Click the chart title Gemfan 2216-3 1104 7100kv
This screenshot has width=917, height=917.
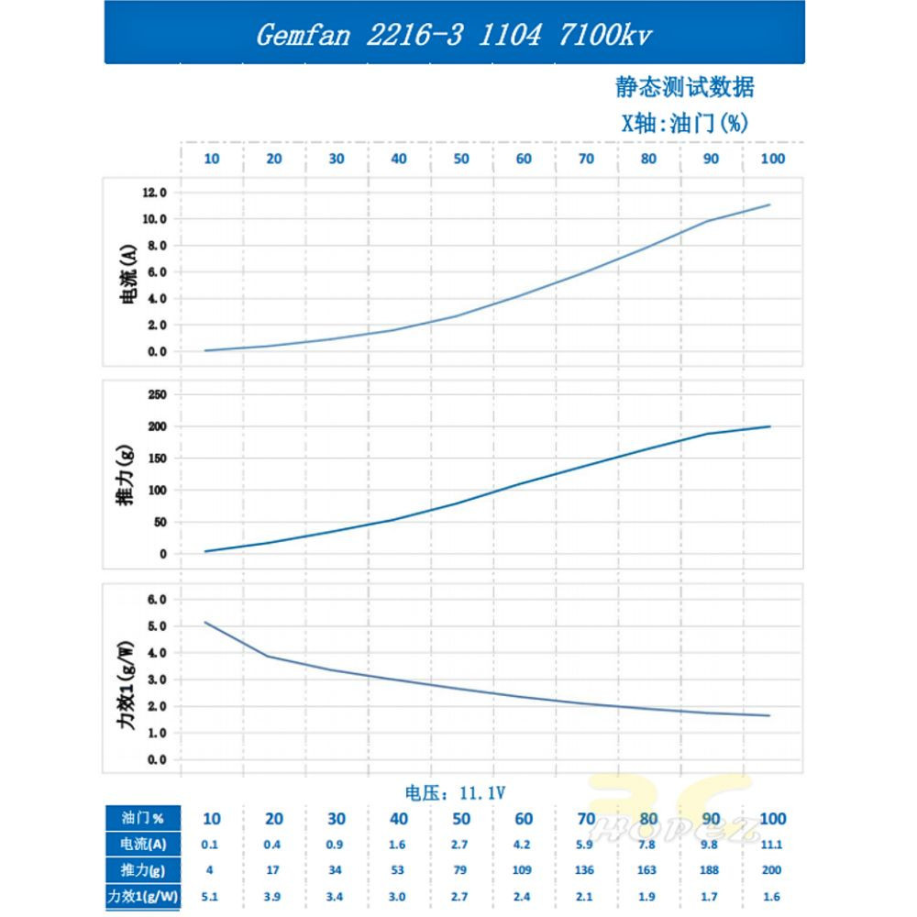point(454,35)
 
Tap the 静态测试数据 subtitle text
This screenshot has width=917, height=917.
point(685,88)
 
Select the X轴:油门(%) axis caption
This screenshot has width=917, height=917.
point(685,123)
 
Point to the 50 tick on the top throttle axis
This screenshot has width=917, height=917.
point(461,159)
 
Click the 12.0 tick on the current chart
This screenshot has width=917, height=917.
point(153,193)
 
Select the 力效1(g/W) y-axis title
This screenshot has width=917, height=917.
point(127,683)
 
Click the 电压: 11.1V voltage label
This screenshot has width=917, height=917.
point(457,791)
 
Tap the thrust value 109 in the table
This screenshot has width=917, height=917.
point(524,869)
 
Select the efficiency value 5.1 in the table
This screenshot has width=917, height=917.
point(212,895)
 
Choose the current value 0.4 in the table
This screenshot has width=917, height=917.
point(274,844)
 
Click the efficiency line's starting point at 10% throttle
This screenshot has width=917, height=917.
point(204,623)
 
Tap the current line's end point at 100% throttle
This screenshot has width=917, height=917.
point(769,204)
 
